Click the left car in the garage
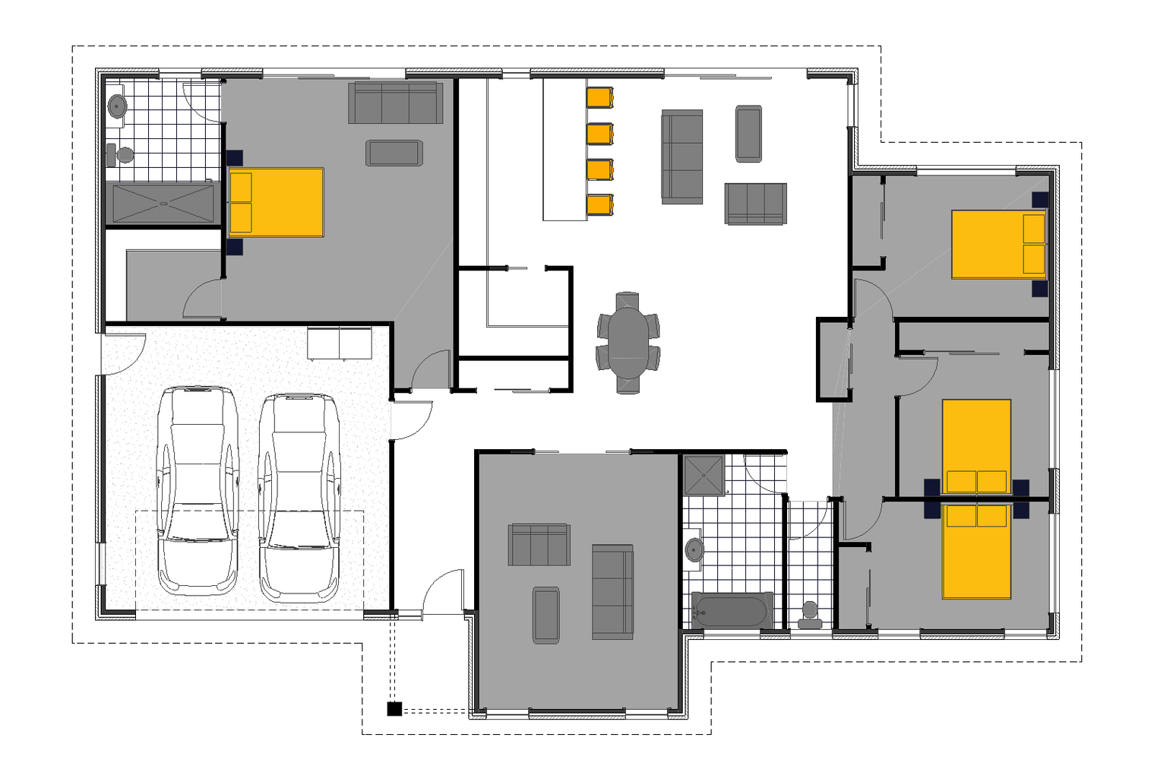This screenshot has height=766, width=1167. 197,490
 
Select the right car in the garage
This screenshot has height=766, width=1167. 299,498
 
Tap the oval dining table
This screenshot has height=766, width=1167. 628,343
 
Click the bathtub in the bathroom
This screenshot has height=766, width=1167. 732,611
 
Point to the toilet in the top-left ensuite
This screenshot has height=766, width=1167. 121,155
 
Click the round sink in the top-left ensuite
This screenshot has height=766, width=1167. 117,106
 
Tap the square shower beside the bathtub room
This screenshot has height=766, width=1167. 704,475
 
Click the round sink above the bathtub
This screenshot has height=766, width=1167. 694,549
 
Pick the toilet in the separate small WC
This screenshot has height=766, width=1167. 810,614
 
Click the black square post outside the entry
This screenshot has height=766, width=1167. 394,709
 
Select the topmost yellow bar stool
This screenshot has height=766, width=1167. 599,97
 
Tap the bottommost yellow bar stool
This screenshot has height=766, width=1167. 599,205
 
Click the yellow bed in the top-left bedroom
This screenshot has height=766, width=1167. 276,202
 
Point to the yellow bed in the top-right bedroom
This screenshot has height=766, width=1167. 998,245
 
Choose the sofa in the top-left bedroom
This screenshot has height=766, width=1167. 395,103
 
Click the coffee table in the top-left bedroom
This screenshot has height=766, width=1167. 393,153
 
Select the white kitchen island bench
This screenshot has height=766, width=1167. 564,150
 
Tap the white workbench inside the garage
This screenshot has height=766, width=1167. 339,343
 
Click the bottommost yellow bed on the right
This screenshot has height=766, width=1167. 976,551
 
